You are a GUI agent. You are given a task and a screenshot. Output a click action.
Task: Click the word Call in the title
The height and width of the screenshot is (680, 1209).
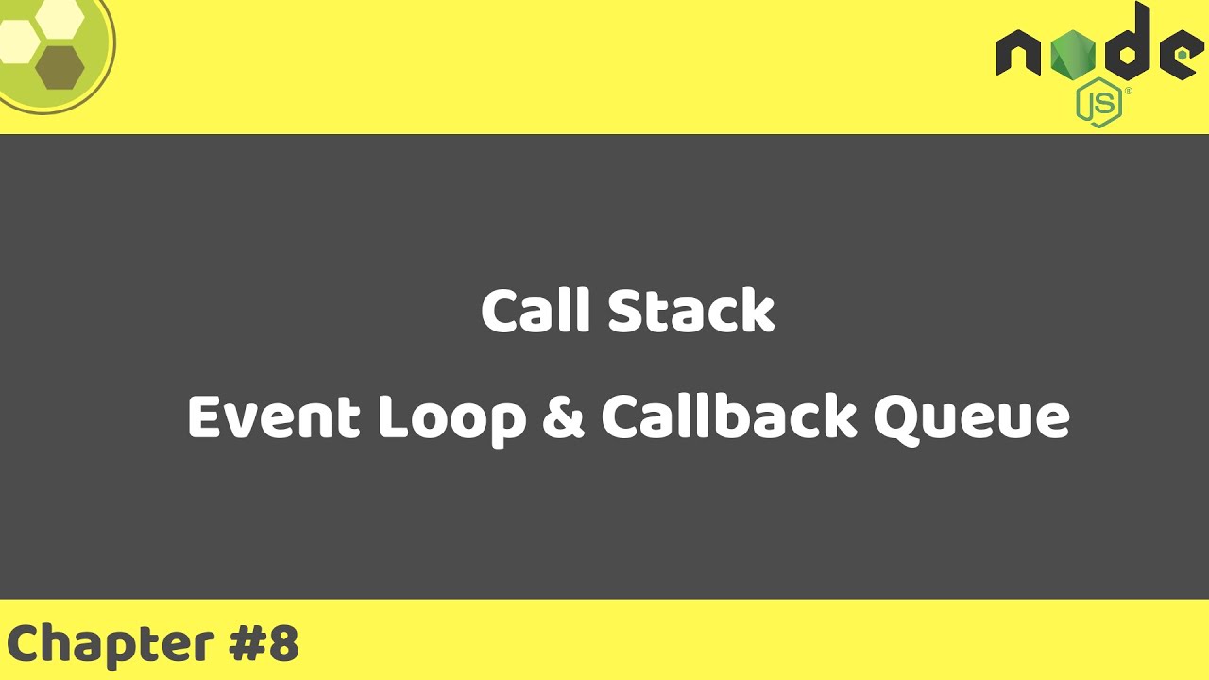pyautogui.click(x=536, y=311)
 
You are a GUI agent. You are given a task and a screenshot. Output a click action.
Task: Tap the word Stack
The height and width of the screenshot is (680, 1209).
pyautogui.click(x=690, y=311)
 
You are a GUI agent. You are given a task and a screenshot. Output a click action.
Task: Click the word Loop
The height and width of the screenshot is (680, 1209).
pyautogui.click(x=451, y=416)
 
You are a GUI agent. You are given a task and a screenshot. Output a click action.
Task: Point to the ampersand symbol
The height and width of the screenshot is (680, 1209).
pyautogui.click(x=564, y=416)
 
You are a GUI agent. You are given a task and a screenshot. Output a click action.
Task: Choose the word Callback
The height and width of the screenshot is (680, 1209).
pyautogui.click(x=728, y=416)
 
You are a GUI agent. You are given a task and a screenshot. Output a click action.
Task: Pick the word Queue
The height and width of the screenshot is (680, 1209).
pyautogui.click(x=971, y=416)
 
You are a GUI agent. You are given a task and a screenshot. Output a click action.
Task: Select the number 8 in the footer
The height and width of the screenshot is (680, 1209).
pyautogui.click(x=283, y=643)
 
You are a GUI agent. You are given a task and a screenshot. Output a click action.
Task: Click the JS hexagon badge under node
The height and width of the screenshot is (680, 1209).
pyautogui.click(x=1098, y=104)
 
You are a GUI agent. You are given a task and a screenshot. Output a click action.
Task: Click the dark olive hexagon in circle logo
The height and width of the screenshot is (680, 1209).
pyautogui.click(x=60, y=67)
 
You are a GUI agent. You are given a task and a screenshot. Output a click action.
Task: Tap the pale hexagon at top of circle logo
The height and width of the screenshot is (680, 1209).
pyautogui.click(x=60, y=13)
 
